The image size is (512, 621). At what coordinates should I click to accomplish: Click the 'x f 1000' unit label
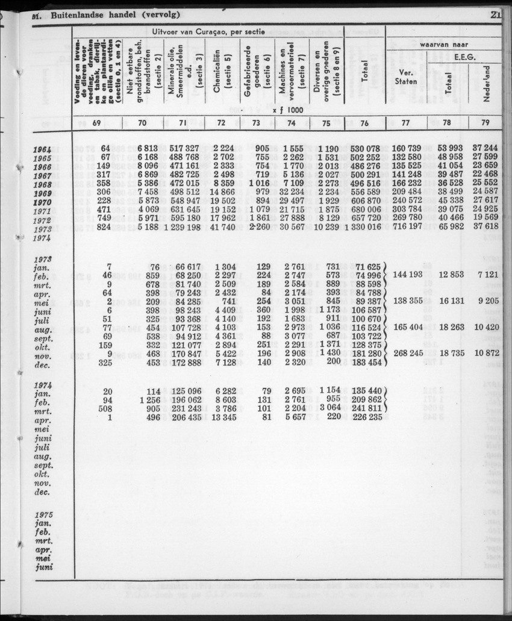pos(287,110)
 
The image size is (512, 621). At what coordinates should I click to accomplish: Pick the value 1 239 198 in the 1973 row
pos(177,228)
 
